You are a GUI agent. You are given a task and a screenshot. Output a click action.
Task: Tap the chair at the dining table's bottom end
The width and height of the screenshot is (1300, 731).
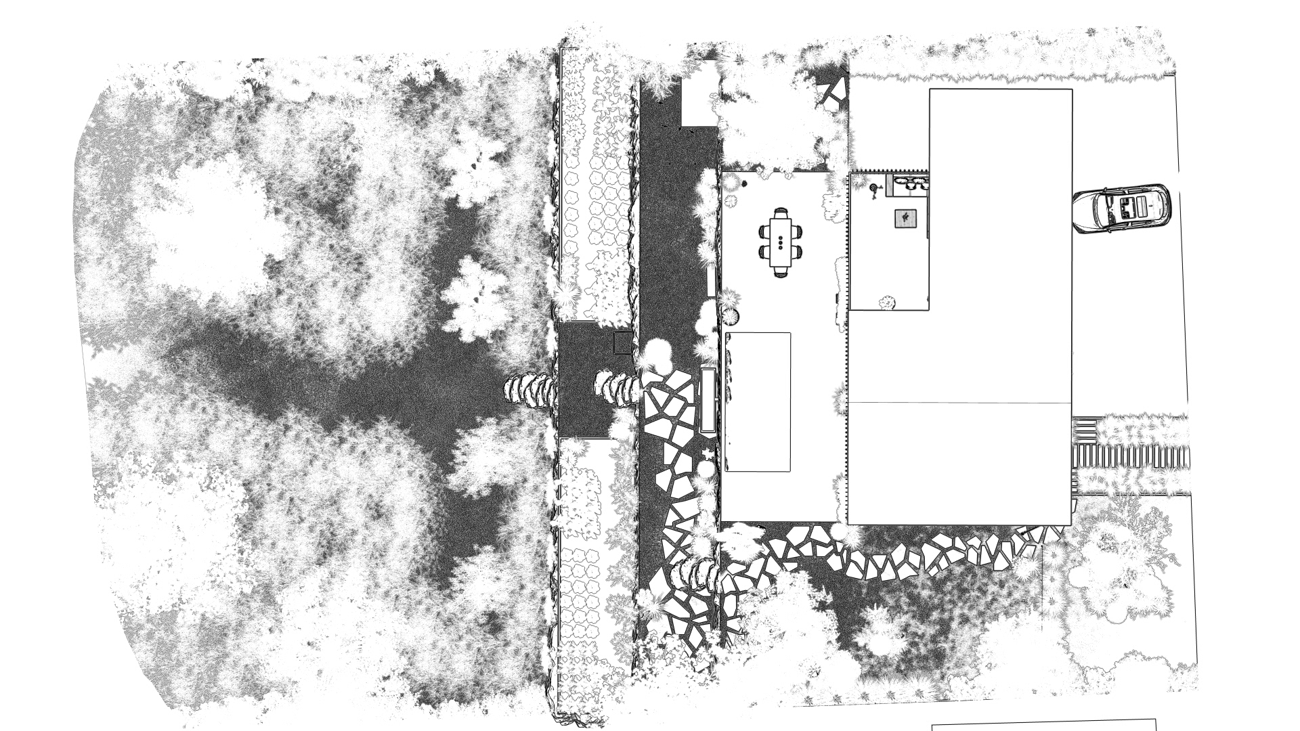(781, 272)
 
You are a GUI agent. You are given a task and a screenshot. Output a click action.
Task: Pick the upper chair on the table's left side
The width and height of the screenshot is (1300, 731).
(765, 231)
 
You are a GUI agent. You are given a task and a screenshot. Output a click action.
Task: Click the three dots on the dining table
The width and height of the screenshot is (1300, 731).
(781, 241)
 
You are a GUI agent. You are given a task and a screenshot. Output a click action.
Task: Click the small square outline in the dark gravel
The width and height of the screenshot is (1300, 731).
(622, 342)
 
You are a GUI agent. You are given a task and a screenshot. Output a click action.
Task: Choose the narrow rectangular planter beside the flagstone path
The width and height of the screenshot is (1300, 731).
(708, 399)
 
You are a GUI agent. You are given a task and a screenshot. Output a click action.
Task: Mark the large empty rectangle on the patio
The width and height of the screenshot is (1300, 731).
(758, 401)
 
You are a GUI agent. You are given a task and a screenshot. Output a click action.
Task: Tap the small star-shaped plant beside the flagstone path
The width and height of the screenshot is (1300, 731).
(708, 452)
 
